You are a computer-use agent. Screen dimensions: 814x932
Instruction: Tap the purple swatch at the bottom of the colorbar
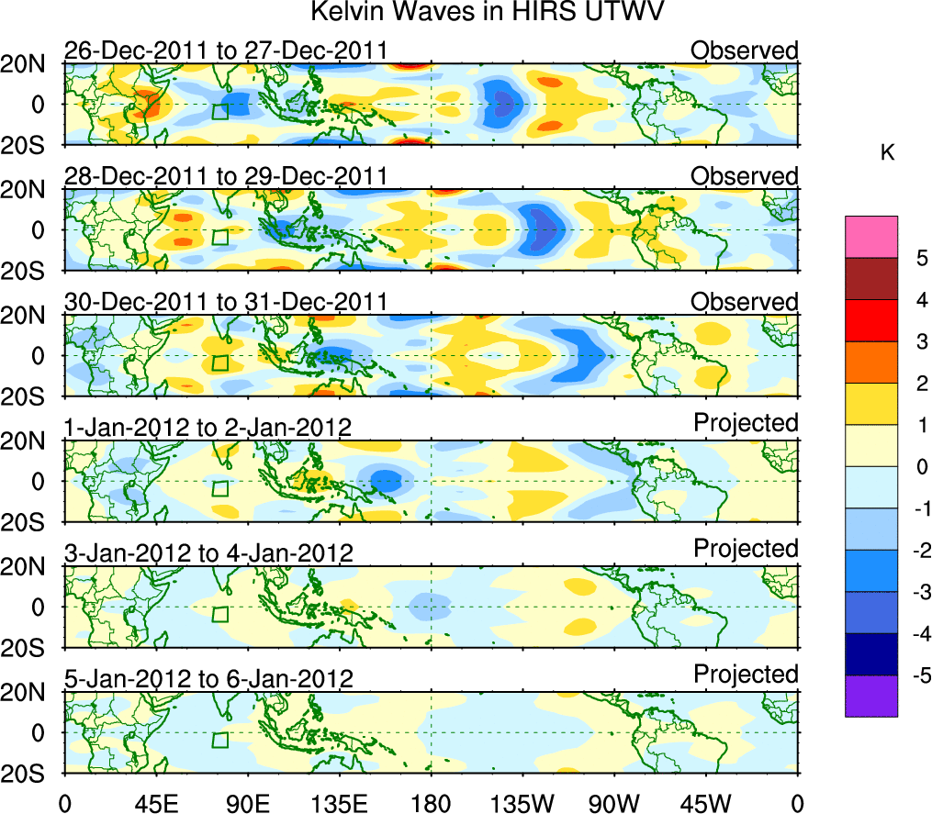point(870,696)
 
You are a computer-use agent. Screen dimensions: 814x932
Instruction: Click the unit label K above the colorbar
point(888,153)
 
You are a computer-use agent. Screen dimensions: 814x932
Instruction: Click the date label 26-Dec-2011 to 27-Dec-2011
point(225,50)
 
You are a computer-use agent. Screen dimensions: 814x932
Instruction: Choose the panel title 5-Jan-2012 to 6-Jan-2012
point(209,679)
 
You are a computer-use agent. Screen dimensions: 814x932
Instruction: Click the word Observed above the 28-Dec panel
point(745,175)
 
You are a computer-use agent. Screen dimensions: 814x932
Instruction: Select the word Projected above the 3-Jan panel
point(746,548)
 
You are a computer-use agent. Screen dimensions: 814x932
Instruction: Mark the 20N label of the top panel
point(29,64)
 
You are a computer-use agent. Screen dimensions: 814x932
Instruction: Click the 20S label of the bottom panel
point(29,774)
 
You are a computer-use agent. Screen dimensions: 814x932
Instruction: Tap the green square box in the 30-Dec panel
point(219,362)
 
